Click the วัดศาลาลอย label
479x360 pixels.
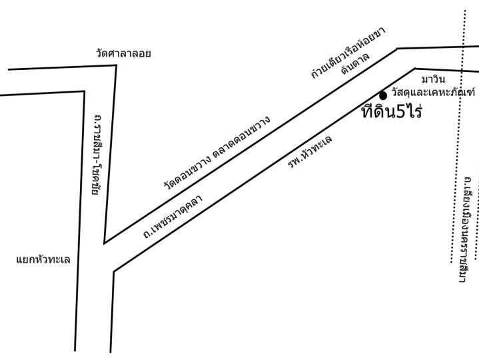pos(123,53)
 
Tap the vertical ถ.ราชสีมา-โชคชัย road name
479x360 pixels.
pos(97,155)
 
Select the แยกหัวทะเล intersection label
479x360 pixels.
pos(43,260)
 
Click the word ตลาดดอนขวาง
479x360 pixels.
pos(242,137)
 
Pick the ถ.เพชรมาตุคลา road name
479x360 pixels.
pos(173,217)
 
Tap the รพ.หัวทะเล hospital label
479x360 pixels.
pos(310,152)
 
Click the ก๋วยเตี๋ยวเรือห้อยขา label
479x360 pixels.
pos(348,52)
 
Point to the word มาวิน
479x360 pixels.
pos(433,79)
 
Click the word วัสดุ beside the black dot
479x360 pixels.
pos(402,92)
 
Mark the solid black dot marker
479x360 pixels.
pos(383,95)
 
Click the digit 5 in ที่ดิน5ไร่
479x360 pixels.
pos(400,112)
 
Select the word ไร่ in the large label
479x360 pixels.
pos(413,111)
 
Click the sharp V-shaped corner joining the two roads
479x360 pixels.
pos(105,243)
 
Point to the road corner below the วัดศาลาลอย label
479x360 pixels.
pos(116,65)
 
